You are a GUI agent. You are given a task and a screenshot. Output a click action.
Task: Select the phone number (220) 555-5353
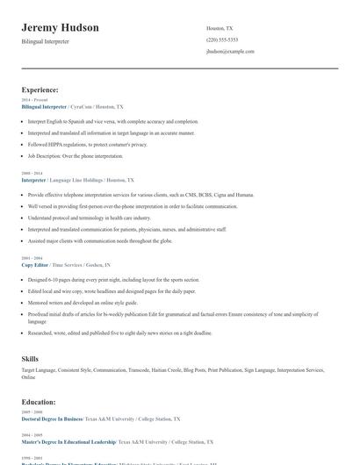[x=221, y=40]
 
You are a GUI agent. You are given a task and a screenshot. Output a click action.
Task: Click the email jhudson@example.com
[x=230, y=52]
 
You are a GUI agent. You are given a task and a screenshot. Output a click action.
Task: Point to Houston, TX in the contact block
[x=220, y=29]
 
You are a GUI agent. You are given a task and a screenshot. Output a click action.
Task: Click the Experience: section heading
[x=40, y=89]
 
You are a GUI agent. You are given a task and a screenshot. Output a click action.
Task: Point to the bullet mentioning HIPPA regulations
[x=88, y=144]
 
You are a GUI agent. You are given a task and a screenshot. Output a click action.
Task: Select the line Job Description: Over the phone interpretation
[x=76, y=155]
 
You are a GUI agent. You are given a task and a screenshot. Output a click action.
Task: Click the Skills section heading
[x=30, y=359]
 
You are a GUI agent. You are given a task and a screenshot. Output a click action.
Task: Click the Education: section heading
[x=39, y=402]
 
